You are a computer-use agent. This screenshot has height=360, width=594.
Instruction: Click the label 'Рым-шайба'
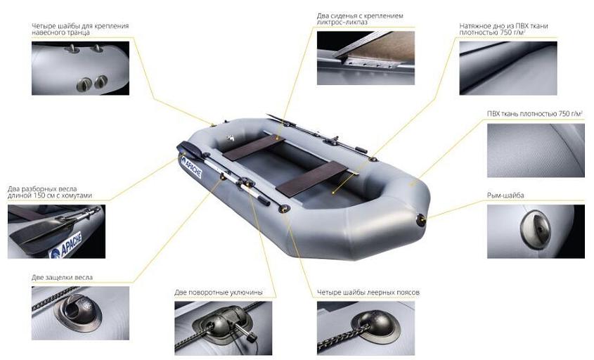pyautogui.click(x=505, y=195)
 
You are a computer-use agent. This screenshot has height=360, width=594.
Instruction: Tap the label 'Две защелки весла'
pyautogui.click(x=62, y=278)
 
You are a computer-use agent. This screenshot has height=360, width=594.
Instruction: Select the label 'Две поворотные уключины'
pyautogui.click(x=219, y=292)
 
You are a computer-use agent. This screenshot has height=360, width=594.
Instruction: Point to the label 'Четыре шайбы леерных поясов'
pyautogui.click(x=368, y=292)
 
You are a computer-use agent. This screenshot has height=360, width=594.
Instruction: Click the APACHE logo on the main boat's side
pyautogui.click(x=191, y=167)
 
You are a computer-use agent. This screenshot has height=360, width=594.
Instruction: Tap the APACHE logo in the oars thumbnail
pyautogui.click(x=66, y=245)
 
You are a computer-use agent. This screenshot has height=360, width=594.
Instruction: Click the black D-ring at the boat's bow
pyautogui.click(x=421, y=220)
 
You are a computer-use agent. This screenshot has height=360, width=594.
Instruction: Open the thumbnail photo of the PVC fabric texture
pyautogui.click(x=536, y=151)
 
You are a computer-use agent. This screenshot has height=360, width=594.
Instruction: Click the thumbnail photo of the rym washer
pyautogui.click(x=536, y=231)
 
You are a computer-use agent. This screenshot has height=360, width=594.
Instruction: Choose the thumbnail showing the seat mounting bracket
pyautogui.click(x=366, y=58)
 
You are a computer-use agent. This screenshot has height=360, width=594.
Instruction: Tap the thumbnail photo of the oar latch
pyautogui.click(x=80, y=313)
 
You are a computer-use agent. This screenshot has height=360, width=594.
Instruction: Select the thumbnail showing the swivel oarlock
pyautogui.click(x=223, y=328)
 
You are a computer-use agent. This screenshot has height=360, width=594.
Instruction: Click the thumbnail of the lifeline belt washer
pyautogui.click(x=366, y=328)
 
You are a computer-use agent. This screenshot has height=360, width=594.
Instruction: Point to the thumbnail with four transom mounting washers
pyautogui.click(x=80, y=68)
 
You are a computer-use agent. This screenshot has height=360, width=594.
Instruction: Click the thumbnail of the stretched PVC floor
pyautogui.click(x=508, y=68)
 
